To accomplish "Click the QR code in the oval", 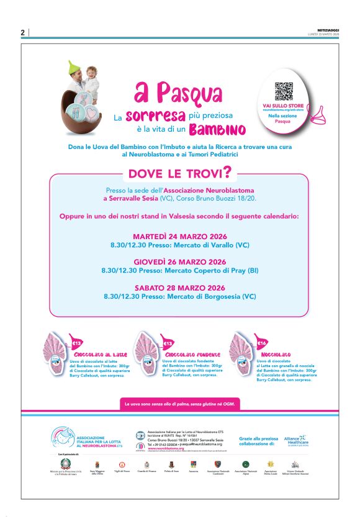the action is [x=284, y=91].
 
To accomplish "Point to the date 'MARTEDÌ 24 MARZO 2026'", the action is [x=180, y=237].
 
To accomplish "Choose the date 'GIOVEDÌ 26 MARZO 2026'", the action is [x=180, y=261].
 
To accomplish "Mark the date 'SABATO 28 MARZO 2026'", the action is [x=180, y=288].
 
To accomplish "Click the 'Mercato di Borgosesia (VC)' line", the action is [x=180, y=296].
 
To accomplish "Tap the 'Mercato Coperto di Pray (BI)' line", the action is [x=180, y=271].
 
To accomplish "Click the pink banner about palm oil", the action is [x=179, y=404].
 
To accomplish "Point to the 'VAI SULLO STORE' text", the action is [x=284, y=106].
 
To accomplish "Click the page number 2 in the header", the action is [x=22, y=33].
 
